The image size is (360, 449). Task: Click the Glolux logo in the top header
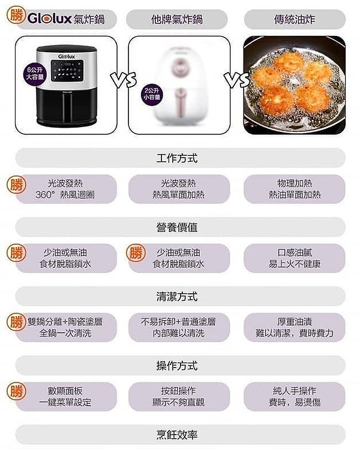[x=50, y=19]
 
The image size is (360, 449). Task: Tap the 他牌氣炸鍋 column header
[x=177, y=19]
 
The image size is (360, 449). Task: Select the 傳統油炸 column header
[x=295, y=19]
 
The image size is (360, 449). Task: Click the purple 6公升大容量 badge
[x=35, y=74]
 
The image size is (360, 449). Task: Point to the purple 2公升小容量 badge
[x=152, y=94]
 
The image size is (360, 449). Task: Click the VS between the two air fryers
[x=123, y=80]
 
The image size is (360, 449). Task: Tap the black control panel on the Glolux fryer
[x=67, y=71]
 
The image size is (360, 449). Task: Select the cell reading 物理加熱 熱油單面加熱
[x=295, y=189]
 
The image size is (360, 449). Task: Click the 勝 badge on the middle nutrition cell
[x=136, y=253]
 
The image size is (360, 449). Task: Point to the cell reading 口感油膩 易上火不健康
[x=295, y=258]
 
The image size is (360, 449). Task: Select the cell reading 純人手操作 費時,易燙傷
[x=295, y=397]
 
